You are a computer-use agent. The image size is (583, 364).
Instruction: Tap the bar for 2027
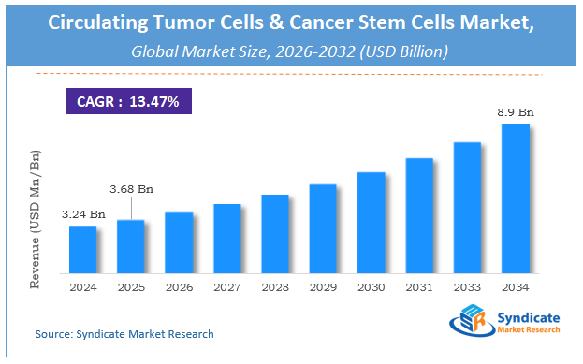[x=227, y=238]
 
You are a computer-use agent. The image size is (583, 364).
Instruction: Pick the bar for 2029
[x=323, y=227]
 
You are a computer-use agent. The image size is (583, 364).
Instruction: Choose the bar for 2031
[x=419, y=214]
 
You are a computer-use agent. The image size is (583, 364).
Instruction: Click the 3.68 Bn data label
[x=131, y=189]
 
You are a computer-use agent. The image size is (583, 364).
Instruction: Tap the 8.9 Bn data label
[x=516, y=111]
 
